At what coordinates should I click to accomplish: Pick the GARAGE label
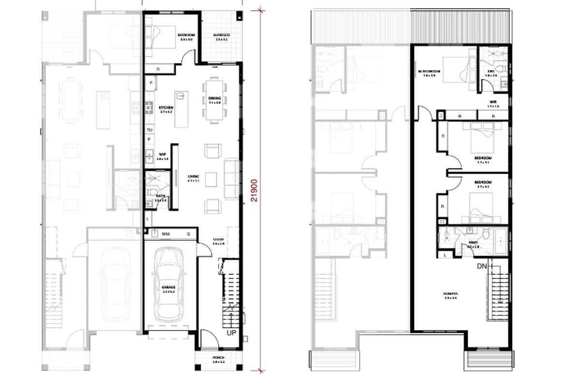point(169,288)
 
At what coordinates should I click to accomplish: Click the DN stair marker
point(482,266)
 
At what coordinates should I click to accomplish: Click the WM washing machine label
point(166,234)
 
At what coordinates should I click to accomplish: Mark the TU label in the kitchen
point(150,130)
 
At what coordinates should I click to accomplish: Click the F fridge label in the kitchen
point(151,83)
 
